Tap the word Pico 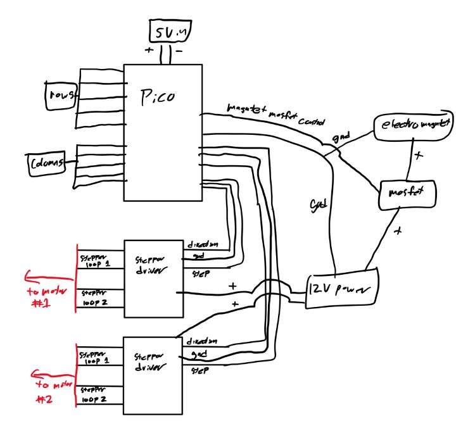(x=157, y=97)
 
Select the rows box (x=61, y=95)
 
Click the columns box (x=47, y=163)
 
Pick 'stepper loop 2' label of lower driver (x=94, y=396)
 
